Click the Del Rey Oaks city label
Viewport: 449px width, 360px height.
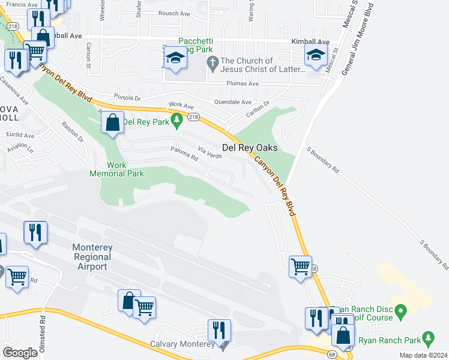point(250,147)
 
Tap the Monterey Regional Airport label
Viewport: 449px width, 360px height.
point(92,257)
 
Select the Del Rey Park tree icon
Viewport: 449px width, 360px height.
point(176,122)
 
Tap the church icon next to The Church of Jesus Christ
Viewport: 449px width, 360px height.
point(212,62)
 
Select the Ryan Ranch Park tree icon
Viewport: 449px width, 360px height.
point(428,338)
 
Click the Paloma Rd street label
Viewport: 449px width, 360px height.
point(184,153)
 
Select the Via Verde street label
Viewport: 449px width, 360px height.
point(210,155)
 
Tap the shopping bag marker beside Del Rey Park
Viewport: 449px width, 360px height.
point(112,124)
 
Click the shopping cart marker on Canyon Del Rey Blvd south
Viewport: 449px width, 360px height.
point(300,266)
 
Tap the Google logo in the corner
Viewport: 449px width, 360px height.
point(20,352)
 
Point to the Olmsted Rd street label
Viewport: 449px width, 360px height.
point(43,332)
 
